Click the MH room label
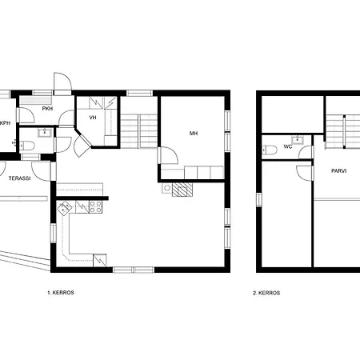click(194, 134)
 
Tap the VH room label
click(93, 118)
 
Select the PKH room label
click(47, 109)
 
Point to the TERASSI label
click(19, 178)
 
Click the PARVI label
click(339, 171)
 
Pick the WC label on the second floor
click(288, 146)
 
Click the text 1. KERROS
click(61, 293)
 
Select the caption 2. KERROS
click(266, 293)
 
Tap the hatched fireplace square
click(182, 190)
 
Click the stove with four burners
click(95, 207)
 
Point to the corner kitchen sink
click(64, 208)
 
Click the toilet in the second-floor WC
click(270, 150)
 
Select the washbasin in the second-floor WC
click(297, 140)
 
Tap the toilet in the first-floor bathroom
click(27, 146)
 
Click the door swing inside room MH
click(169, 155)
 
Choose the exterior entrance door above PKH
click(63, 82)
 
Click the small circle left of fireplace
click(167, 188)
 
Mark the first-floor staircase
click(139, 131)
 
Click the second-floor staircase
click(343, 131)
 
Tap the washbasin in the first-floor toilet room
click(45, 133)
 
